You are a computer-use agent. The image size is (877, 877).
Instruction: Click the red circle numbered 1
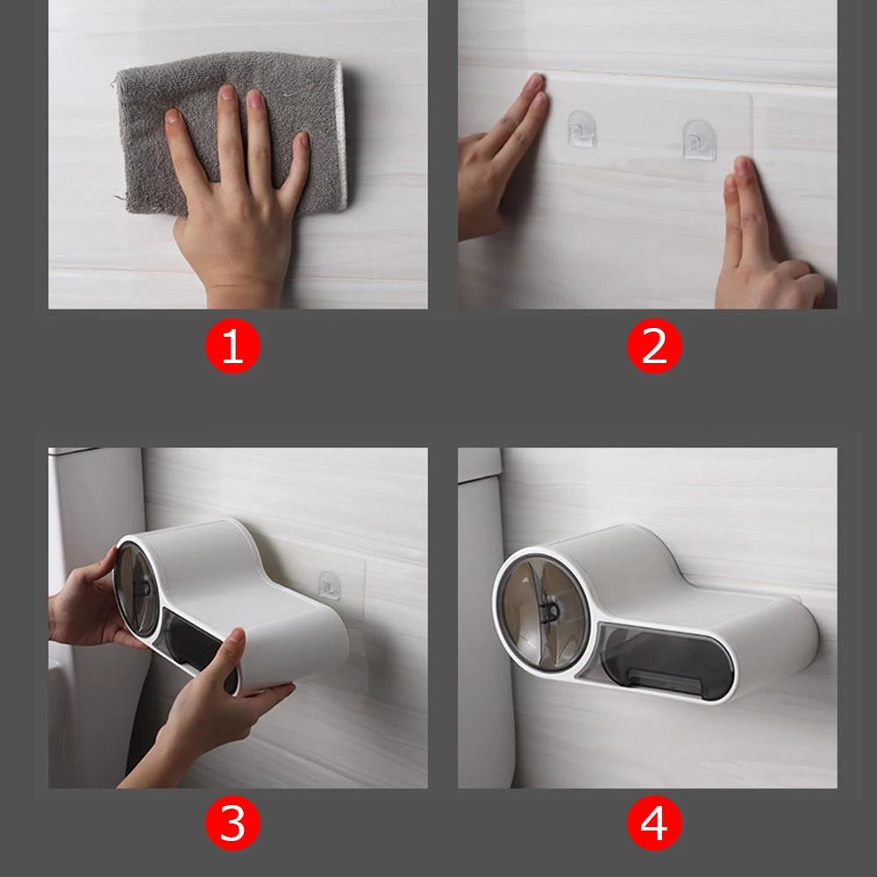232,348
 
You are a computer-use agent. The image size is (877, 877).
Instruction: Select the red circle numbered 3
232,825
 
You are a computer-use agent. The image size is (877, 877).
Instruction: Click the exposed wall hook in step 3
331,585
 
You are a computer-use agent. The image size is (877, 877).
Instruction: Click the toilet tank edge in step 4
480,614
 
